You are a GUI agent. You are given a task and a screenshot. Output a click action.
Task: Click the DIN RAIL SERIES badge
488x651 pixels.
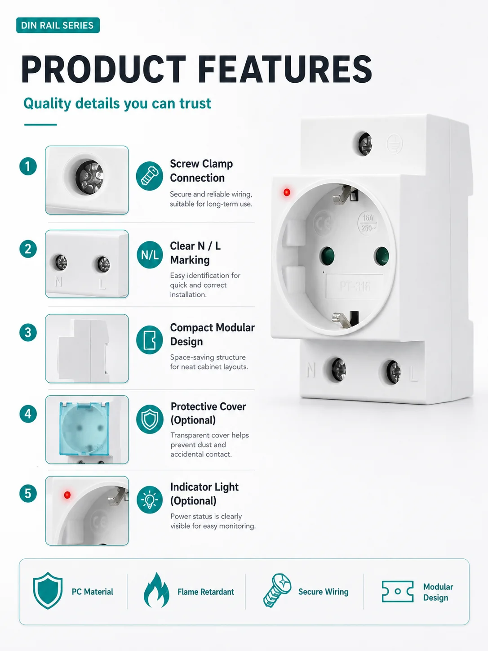58,25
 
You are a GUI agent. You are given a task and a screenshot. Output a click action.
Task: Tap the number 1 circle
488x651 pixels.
28,166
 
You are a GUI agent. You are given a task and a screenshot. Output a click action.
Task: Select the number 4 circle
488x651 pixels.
28,414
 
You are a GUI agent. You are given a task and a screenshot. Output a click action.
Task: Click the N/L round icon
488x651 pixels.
150,255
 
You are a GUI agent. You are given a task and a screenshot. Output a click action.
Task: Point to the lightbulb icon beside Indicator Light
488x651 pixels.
150,500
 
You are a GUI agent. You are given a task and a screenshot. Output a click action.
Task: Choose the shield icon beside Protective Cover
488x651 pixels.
150,419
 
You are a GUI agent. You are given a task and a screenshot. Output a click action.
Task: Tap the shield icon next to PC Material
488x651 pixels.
48,591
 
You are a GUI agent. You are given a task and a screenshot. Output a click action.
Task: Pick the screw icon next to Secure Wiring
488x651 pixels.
277,591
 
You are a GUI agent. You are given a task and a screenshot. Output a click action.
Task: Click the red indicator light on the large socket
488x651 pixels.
287,192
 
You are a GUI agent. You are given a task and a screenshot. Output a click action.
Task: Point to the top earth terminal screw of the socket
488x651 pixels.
365,144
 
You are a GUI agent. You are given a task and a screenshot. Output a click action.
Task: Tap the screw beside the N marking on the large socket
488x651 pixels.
339,370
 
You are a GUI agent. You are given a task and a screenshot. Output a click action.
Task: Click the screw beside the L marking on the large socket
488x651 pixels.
393,372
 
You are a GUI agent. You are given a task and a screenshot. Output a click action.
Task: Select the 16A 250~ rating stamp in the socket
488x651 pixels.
368,223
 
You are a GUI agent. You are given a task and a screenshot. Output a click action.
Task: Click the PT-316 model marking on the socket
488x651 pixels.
355,286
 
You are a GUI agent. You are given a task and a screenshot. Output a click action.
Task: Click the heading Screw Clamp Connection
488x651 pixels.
201,171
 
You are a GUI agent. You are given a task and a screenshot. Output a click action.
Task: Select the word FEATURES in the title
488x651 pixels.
285,69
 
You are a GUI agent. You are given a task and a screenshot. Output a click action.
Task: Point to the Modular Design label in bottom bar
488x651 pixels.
438,592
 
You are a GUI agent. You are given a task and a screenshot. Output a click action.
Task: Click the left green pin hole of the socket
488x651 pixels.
327,256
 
